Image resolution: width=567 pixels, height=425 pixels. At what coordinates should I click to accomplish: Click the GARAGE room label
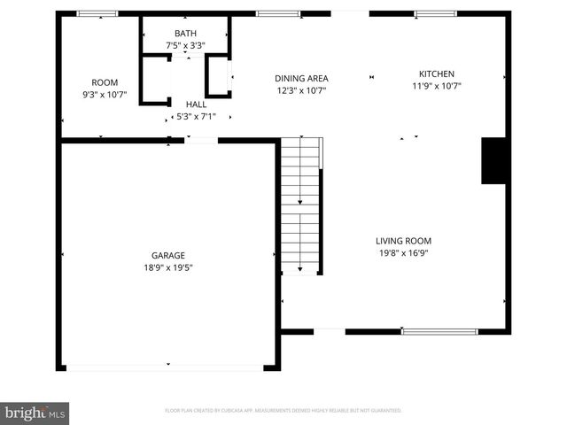tap(167, 255)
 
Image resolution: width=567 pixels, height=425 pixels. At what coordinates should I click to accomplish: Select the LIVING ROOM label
tap(403, 240)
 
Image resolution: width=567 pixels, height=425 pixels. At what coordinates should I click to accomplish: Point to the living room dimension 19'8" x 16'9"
tap(403, 251)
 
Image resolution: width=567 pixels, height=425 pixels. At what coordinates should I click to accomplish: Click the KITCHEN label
tap(437, 74)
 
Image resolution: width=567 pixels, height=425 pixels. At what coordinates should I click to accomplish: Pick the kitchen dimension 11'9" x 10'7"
tap(437, 86)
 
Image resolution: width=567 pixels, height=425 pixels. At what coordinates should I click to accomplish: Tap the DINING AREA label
tap(301, 78)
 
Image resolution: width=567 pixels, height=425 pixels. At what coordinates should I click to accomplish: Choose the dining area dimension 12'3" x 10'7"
tap(301, 89)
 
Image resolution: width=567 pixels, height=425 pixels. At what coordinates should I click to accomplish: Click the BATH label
tap(185, 34)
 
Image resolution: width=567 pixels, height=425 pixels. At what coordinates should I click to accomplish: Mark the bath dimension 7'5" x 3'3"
tap(185, 45)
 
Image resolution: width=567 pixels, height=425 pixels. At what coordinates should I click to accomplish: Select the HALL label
tap(196, 104)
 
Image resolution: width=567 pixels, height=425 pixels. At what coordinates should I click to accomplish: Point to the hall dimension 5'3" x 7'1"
tap(196, 115)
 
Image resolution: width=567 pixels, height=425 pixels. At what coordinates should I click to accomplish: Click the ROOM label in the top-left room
tap(105, 82)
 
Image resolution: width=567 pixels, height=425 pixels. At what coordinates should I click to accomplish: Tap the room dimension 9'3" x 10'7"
tap(105, 94)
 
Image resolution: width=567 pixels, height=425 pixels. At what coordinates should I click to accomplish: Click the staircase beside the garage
tap(300, 206)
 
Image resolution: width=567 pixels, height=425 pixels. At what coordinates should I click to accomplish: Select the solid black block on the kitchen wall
tap(493, 160)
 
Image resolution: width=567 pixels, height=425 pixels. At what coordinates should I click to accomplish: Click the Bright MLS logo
tap(35, 413)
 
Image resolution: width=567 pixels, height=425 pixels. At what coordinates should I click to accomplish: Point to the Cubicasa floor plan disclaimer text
tap(283, 411)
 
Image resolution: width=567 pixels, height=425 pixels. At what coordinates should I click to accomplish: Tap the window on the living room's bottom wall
tap(434, 332)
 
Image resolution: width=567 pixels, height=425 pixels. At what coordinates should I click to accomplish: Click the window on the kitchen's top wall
tap(436, 13)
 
